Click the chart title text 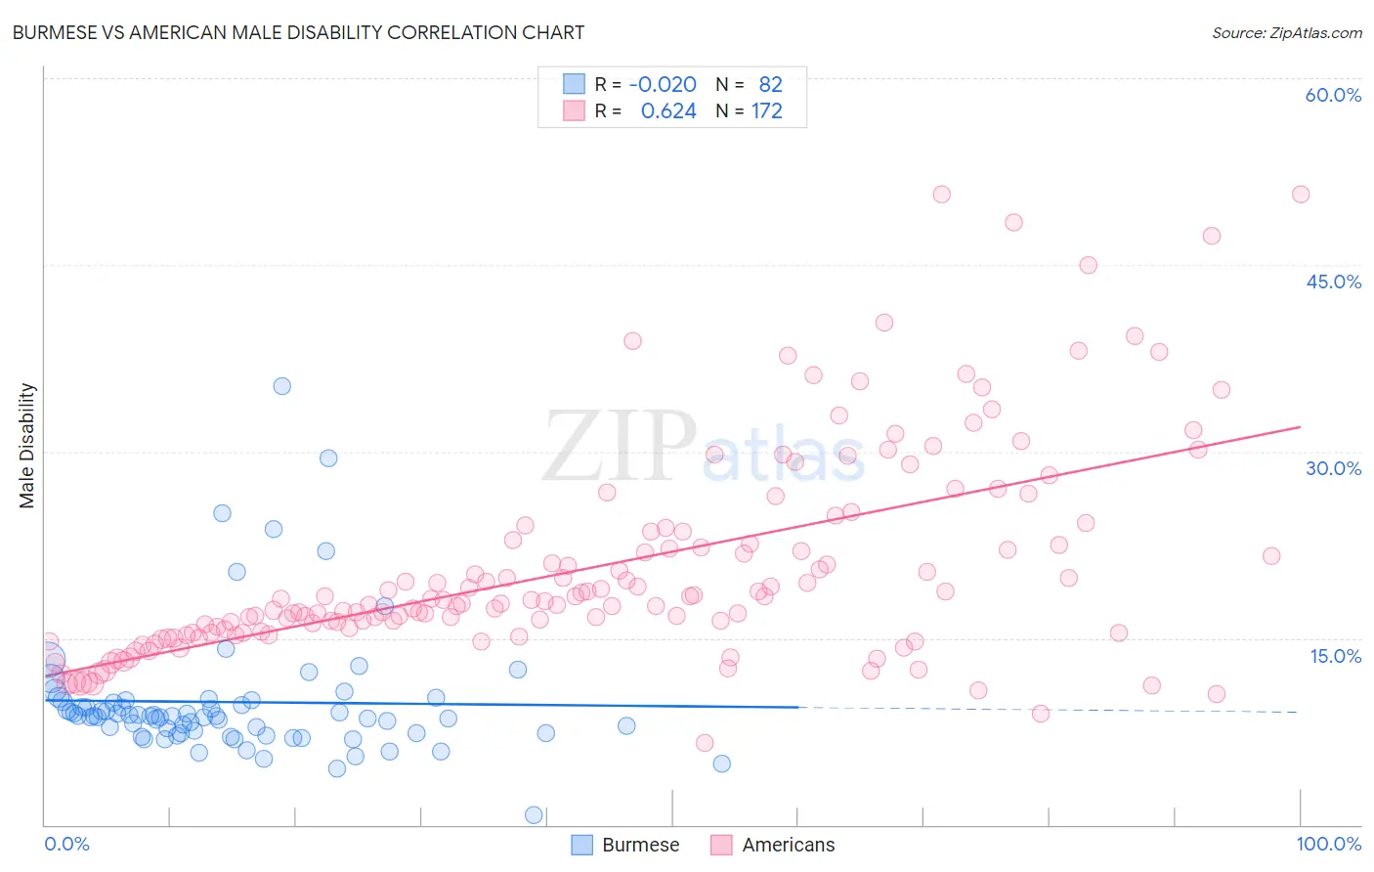[298, 32]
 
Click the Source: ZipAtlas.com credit [1286, 32]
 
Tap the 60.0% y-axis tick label [1333, 95]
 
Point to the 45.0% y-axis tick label [1333, 282]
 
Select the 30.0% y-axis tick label [1333, 468]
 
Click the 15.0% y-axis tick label [1335, 656]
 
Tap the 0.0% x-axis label [66, 844]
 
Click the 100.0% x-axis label [1328, 844]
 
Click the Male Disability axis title [27, 445]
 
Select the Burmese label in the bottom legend [640, 845]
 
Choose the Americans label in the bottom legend [788, 845]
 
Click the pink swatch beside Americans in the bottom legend [721, 845]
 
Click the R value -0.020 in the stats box [663, 84]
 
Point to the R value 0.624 [668, 110]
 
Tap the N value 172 [766, 110]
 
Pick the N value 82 [770, 84]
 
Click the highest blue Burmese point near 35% [281, 386]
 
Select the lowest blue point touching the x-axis [534, 814]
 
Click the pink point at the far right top [1300, 195]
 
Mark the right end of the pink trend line [1300, 427]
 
